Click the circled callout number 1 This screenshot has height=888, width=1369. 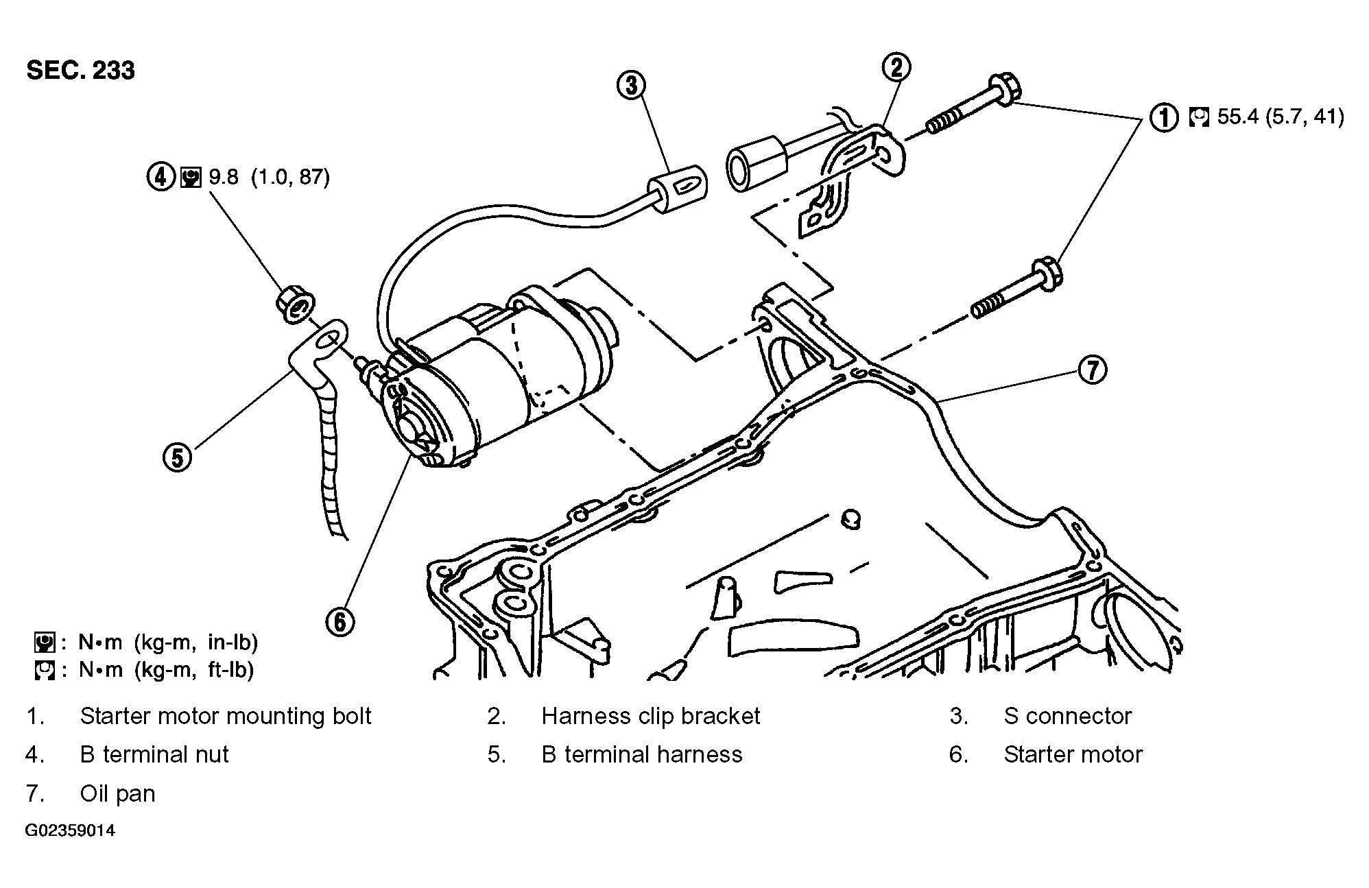[x=1163, y=117]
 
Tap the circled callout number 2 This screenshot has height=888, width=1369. [x=896, y=67]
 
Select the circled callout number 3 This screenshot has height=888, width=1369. [x=631, y=86]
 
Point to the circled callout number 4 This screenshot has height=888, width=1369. [x=160, y=177]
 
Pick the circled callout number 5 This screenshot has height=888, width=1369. [x=178, y=457]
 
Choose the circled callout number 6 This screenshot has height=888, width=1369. [x=340, y=621]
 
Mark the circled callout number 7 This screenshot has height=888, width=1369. [x=1093, y=370]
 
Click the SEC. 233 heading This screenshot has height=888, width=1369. [x=80, y=71]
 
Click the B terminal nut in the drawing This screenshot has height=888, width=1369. [x=296, y=305]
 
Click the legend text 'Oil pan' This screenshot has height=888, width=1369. [x=118, y=793]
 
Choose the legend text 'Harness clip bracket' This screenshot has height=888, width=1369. [x=651, y=716]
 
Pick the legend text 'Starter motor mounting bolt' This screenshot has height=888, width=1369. [x=226, y=716]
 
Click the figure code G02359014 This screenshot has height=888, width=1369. [x=71, y=831]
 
